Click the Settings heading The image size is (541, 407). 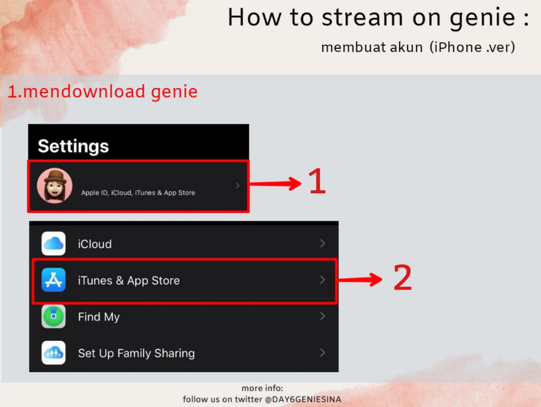73,147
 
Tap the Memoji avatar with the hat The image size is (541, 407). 55,185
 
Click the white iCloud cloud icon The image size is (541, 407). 53,243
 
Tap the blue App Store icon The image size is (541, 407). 53,280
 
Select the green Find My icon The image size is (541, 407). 53,316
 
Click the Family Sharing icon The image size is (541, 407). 53,352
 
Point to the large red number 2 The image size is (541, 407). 403,277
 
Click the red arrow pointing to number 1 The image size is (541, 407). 275,184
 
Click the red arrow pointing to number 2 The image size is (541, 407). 360,279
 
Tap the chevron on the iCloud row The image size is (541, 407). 322,243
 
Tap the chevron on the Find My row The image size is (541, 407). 322,316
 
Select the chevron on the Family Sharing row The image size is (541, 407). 322,352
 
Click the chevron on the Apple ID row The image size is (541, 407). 237,185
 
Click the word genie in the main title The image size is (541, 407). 483,19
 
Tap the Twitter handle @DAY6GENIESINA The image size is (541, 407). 303,399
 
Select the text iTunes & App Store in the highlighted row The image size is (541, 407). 129,281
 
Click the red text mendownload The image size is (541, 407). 84,92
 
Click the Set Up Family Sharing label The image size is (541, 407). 136,354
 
